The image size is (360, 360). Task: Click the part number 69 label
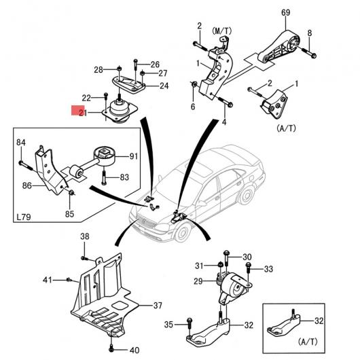(x=285, y=12)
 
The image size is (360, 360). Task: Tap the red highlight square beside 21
(x=78, y=110)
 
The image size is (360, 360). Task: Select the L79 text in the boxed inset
(x=24, y=217)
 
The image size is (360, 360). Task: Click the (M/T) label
(x=222, y=31)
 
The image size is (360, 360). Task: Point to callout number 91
(x=134, y=156)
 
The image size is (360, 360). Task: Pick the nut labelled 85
(x=71, y=192)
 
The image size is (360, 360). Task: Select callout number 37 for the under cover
(x=158, y=306)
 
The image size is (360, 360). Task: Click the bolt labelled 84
(x=26, y=166)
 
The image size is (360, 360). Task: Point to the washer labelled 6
(x=194, y=85)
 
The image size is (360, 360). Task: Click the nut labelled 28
(x=119, y=69)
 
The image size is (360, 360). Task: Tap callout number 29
(x=198, y=281)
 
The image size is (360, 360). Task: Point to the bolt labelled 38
(x=84, y=258)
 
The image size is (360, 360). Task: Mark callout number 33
(x=268, y=269)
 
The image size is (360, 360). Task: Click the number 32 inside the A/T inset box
(x=319, y=321)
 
